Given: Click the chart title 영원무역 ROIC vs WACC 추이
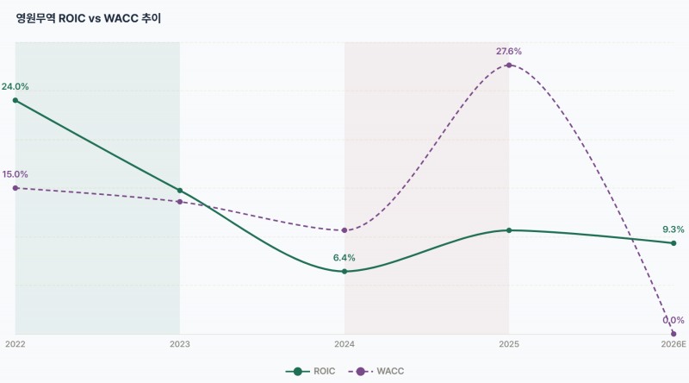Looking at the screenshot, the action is [x=89, y=18].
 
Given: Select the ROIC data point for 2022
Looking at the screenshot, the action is [x=16, y=100].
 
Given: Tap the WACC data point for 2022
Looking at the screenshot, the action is [x=16, y=188].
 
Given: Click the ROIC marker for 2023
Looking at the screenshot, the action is [x=180, y=191].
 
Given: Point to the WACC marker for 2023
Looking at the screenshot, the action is [x=180, y=202].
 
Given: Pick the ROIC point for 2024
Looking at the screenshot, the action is [x=344, y=272].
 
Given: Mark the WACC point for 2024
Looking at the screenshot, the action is [x=344, y=230].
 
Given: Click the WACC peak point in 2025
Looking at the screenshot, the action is [x=509, y=66].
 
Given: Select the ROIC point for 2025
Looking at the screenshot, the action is [x=509, y=230].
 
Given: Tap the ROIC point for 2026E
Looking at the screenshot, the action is [x=673, y=243].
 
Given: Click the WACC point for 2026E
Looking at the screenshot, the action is [x=673, y=334].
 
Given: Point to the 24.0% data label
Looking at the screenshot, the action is [x=15, y=87].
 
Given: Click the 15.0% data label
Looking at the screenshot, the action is [x=15, y=174].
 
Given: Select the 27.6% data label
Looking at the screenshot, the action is [x=509, y=52].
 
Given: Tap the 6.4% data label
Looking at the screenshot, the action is [x=344, y=258].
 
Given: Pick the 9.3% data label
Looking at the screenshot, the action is [x=673, y=229].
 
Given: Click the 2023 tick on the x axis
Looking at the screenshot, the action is [x=180, y=344].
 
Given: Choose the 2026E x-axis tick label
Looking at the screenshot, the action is [x=673, y=344].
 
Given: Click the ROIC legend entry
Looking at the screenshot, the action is [x=310, y=371].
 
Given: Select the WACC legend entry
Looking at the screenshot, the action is [x=376, y=371].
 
